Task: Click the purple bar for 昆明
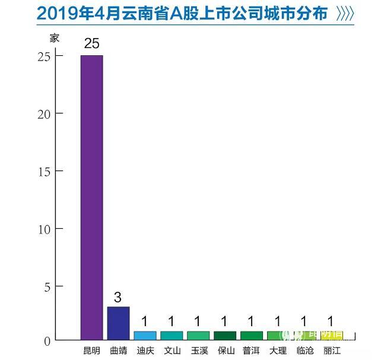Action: point(91,197)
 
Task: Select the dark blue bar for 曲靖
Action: point(118,323)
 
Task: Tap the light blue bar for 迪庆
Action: point(145,336)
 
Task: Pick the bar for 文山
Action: point(172,336)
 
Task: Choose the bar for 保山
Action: point(224,336)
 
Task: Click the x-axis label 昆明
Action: point(91,350)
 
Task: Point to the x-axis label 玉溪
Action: point(198,350)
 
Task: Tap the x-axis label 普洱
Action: point(251,350)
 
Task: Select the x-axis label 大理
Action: point(278,350)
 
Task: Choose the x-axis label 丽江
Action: point(331,350)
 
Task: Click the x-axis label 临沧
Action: point(304,350)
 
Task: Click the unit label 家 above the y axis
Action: point(55,37)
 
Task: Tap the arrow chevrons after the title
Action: point(345,14)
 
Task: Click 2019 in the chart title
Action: point(55,14)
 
